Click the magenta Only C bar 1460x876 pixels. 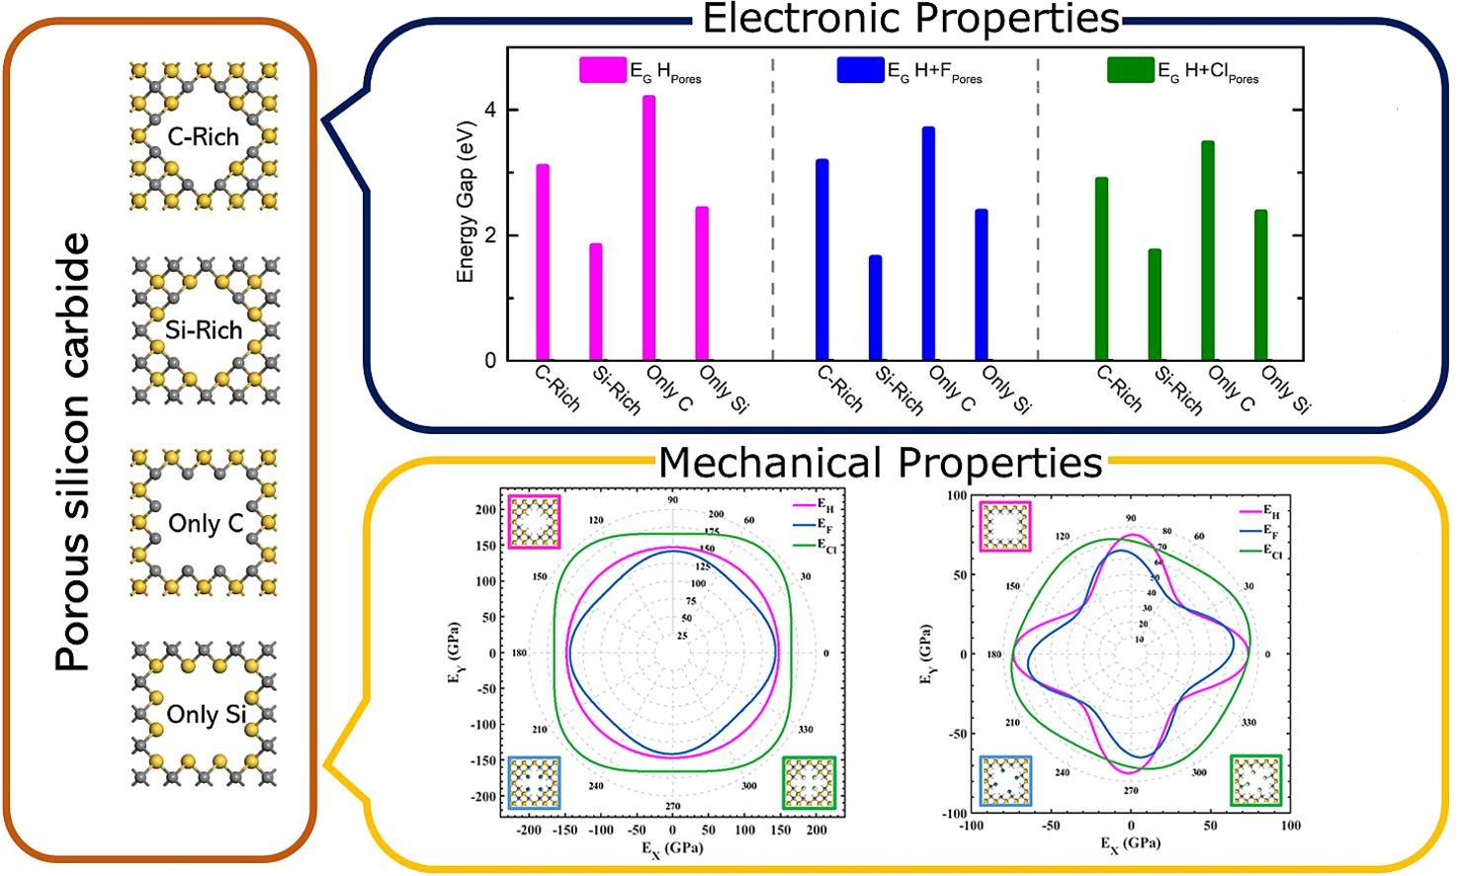(x=648, y=227)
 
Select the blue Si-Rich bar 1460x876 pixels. (x=875, y=307)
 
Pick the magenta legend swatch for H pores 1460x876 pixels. (x=602, y=70)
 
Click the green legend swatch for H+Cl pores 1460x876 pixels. (x=1130, y=70)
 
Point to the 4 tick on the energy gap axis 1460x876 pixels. (x=490, y=110)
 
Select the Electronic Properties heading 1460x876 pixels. (x=910, y=19)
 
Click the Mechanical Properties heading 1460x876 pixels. (x=880, y=462)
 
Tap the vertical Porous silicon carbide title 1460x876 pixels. (x=72, y=451)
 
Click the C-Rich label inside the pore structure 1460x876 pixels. (x=203, y=136)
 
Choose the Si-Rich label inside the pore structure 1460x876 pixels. (x=204, y=330)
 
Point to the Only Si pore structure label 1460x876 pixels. (x=206, y=714)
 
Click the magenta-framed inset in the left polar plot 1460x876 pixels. (x=534, y=522)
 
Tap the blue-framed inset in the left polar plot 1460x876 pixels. (x=534, y=783)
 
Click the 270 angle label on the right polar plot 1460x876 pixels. (x=1131, y=791)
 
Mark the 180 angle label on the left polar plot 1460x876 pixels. (x=519, y=654)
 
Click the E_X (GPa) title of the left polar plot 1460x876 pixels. (x=672, y=848)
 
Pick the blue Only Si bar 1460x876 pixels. (x=981, y=285)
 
